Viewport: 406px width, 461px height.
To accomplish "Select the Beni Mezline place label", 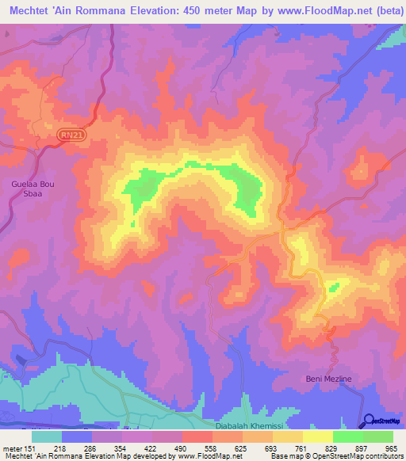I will pos(328,379).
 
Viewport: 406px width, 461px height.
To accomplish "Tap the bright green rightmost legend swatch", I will pos(378,436).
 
